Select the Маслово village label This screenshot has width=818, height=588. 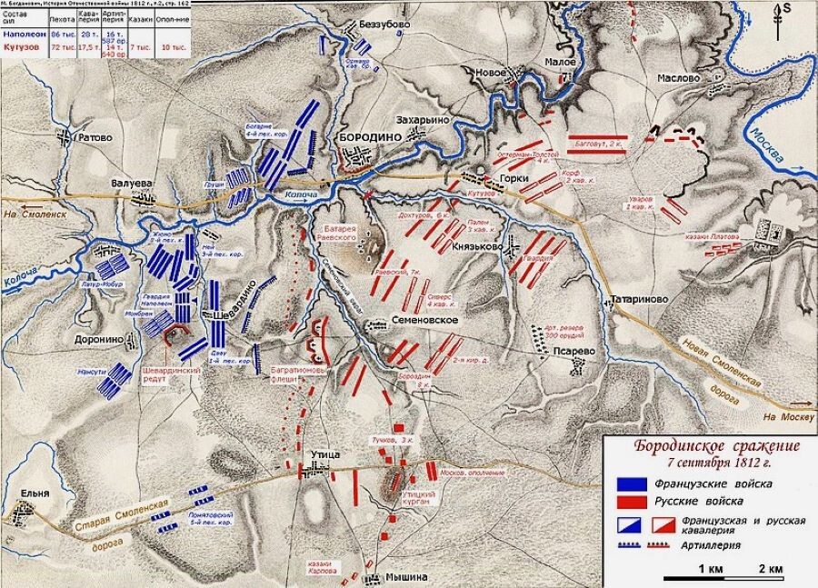(673, 79)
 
